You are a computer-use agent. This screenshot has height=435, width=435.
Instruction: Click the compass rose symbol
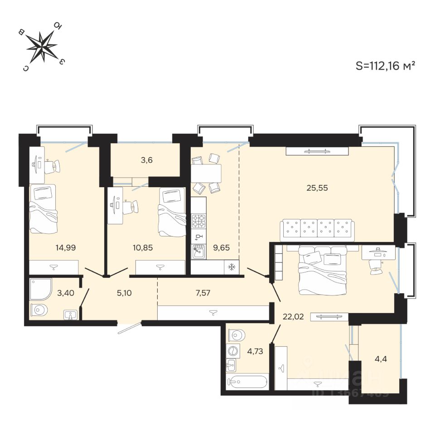(x=42, y=46)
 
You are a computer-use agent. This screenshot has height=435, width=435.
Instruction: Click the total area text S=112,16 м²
(x=386, y=66)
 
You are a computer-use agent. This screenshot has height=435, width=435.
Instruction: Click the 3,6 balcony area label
(x=146, y=159)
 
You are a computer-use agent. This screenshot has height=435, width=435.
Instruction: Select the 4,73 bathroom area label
(x=255, y=350)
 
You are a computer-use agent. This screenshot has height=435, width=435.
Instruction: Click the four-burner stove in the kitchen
(x=198, y=221)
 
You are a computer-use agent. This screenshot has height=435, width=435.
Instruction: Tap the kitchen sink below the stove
(x=198, y=251)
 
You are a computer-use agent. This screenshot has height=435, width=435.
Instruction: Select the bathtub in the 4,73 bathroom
(x=247, y=382)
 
